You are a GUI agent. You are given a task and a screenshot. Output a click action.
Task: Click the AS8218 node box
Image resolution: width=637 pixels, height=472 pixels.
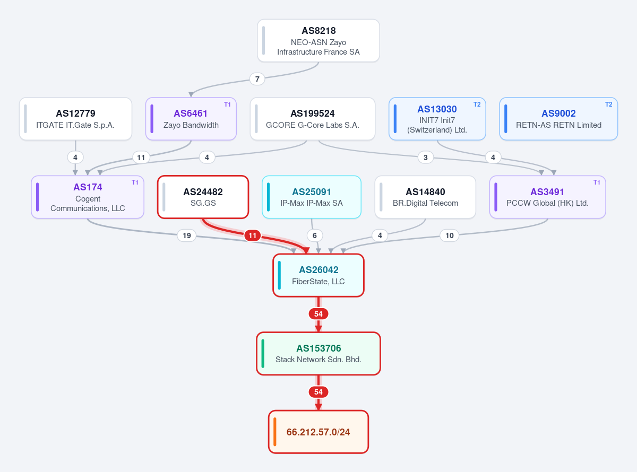[x=318, y=40]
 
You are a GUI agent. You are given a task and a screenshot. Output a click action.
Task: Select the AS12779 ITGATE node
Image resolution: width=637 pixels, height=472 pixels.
[x=75, y=119]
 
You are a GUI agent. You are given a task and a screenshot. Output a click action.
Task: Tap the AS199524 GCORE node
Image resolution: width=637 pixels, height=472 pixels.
[x=313, y=119]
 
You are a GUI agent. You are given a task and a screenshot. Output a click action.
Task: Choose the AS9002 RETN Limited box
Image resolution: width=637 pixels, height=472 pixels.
[x=558, y=119]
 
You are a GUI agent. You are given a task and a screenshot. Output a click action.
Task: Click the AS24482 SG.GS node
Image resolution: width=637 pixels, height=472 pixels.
[x=203, y=197]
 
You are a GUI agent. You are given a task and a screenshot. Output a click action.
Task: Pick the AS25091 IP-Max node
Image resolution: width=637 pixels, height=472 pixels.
[x=312, y=197]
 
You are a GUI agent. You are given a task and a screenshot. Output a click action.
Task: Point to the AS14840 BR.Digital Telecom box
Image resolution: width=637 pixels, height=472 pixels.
[x=425, y=197]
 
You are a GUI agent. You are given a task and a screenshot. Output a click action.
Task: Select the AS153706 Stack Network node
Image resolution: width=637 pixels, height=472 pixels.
[x=318, y=354]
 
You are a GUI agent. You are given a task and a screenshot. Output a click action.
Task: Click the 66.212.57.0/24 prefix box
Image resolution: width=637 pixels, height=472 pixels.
[x=318, y=432]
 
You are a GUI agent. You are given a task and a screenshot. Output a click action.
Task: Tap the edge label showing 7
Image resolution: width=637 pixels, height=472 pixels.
[x=257, y=79]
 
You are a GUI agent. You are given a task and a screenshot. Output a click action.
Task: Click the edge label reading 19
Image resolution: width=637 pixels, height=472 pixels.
[x=187, y=235]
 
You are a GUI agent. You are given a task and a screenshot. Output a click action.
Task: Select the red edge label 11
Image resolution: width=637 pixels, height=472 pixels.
[x=253, y=235]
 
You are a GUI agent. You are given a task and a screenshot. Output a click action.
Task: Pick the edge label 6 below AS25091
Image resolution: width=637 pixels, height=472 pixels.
[x=314, y=235]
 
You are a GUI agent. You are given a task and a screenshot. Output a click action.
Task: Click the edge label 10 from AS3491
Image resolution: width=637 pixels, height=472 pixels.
[x=450, y=235]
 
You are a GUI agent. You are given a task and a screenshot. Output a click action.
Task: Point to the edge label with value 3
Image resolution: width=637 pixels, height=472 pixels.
[x=425, y=157]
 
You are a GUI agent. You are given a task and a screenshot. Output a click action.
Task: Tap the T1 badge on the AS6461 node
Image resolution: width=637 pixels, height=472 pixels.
[x=227, y=104]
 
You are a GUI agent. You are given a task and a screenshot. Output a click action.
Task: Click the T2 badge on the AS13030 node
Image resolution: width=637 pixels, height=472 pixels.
[x=477, y=104]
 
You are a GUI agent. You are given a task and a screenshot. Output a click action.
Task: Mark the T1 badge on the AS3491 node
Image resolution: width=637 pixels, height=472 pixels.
[x=597, y=182]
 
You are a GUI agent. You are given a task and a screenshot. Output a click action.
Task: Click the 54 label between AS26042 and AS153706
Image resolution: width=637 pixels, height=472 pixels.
[x=318, y=314]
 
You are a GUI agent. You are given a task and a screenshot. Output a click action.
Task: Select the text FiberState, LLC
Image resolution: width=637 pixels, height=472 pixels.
[x=318, y=282]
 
